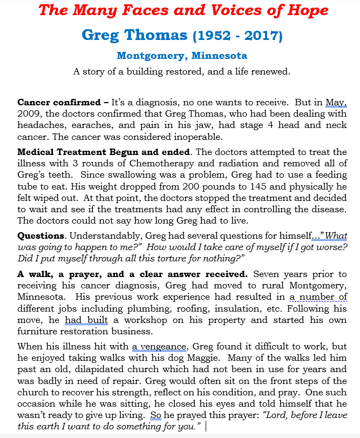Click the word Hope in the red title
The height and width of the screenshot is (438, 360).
(304, 10)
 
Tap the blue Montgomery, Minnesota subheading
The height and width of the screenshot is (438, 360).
(182, 56)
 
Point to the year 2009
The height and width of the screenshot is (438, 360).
(28, 113)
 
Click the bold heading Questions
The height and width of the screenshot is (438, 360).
(40, 236)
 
